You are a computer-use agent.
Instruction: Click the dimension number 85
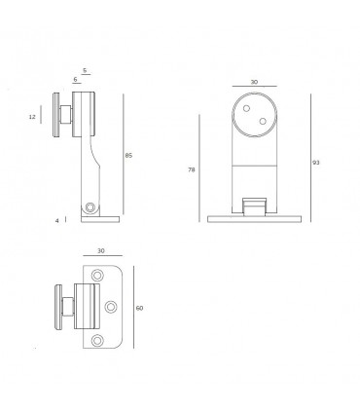(x=128, y=156)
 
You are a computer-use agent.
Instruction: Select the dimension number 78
(x=191, y=169)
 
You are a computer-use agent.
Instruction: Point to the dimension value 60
(x=140, y=308)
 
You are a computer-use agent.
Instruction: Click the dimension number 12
(x=33, y=117)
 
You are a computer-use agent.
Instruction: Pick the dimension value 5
(x=86, y=70)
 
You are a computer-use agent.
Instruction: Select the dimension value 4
(x=58, y=221)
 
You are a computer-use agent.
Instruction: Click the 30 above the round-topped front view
(x=254, y=82)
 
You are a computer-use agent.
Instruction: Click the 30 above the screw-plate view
(x=101, y=251)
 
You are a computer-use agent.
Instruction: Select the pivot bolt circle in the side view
(x=90, y=207)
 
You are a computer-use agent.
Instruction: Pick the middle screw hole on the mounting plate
(x=110, y=308)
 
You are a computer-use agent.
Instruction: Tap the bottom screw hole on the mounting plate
(x=96, y=340)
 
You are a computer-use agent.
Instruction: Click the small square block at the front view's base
(x=254, y=206)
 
